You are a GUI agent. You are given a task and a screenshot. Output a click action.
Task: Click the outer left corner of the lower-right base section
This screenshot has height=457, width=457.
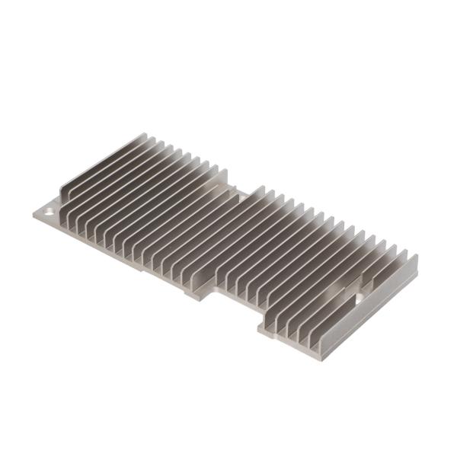tap(258, 329)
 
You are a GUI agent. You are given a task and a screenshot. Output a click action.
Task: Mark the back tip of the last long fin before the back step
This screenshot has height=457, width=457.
tap(225, 169)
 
